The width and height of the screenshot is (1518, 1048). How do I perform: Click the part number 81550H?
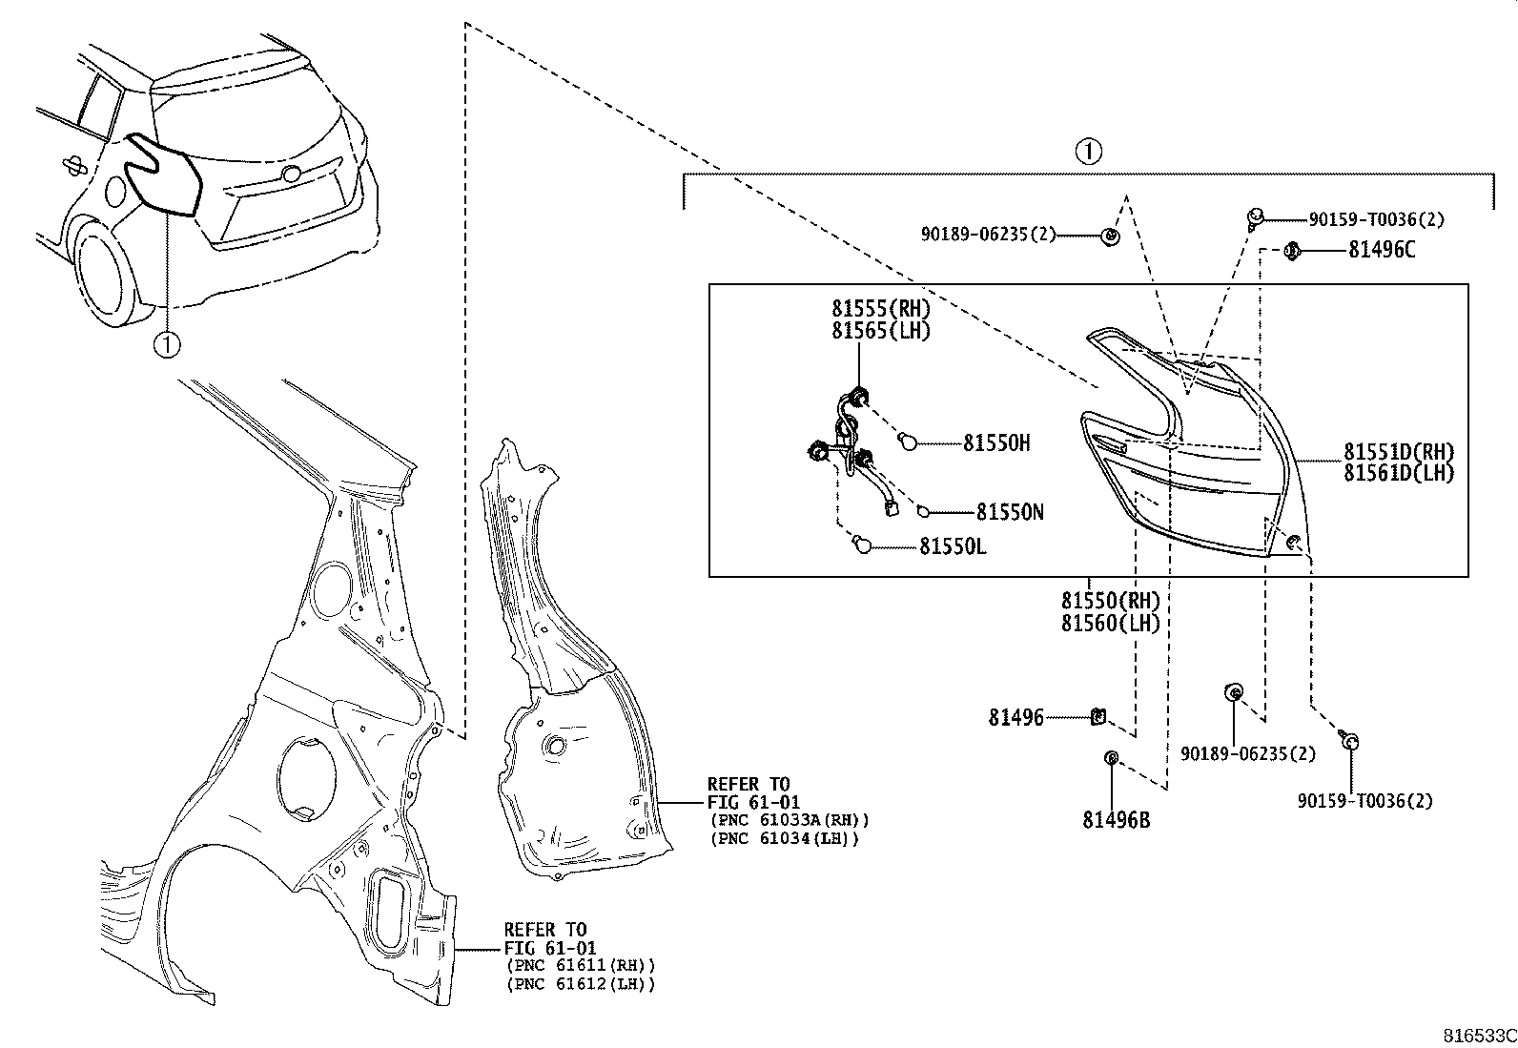996,443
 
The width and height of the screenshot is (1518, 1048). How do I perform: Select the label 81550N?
1009,513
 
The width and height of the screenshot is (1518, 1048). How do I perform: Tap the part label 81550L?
953,546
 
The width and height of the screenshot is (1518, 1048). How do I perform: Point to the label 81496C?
1382,250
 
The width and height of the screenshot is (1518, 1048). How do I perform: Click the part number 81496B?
1116,820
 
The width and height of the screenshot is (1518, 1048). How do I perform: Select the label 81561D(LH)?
1400,473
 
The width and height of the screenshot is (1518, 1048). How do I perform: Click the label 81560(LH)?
1110,624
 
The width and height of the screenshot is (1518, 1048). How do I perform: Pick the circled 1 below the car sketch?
167,343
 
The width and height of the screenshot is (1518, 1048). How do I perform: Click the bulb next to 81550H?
909,442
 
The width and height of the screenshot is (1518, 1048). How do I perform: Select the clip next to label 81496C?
1293,251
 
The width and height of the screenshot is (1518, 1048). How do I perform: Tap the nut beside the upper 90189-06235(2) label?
1111,235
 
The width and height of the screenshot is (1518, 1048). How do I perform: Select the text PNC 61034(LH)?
785,838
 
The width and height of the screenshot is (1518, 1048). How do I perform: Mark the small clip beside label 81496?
1097,715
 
